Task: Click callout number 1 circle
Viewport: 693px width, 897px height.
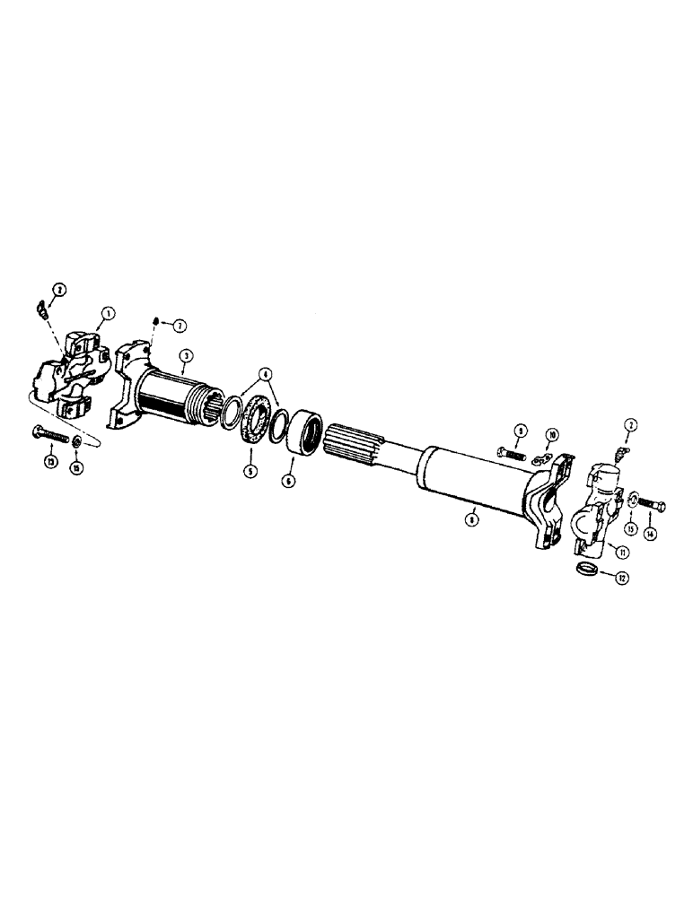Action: coord(108,314)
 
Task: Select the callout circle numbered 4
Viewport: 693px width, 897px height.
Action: coord(264,372)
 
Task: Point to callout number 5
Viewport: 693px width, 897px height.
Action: coord(250,468)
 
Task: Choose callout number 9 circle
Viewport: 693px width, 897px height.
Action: coord(522,431)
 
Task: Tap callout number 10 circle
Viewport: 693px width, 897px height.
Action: coord(552,434)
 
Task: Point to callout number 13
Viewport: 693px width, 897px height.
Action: coord(48,462)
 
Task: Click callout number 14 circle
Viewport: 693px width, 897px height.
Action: coord(651,533)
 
